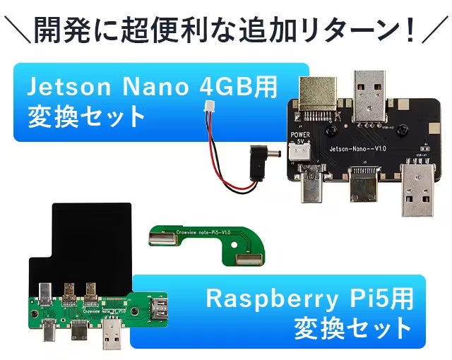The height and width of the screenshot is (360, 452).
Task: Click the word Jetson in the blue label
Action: (62, 88)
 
